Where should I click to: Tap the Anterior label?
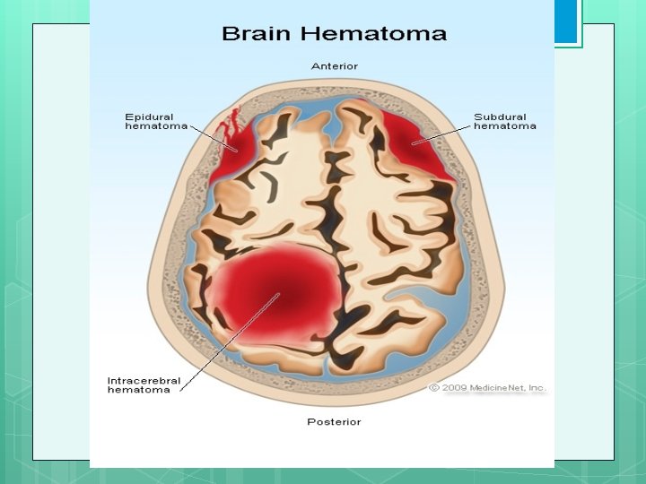335,66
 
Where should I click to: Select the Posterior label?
334,420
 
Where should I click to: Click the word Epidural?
149,117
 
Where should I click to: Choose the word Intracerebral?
144,380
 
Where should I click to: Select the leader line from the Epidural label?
214,137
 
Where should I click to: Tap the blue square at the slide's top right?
566,23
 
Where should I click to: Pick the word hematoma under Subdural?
505,126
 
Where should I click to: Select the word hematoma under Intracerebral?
138,390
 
